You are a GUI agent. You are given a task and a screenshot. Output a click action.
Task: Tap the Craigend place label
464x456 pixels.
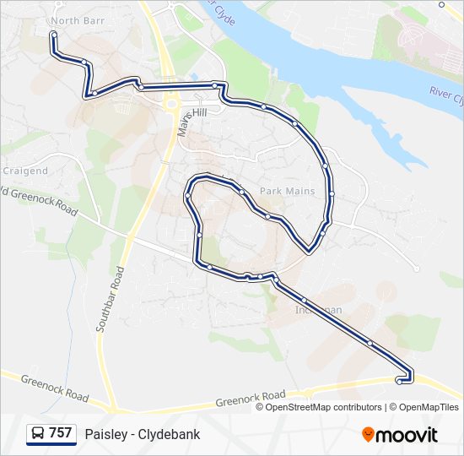point(24,171)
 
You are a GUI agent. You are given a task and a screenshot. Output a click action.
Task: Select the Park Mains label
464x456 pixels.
point(287,192)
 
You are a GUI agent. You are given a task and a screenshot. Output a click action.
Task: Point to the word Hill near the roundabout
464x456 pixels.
point(199,112)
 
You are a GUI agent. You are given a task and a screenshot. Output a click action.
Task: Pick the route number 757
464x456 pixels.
point(61,433)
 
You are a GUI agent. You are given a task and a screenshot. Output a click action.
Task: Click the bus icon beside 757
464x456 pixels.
point(38,434)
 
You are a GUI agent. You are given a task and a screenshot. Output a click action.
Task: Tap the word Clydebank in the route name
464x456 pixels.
point(171,434)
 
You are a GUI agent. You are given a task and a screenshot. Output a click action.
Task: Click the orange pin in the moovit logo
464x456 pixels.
point(368,434)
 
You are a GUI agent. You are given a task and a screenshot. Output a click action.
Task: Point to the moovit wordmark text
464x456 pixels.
point(407,435)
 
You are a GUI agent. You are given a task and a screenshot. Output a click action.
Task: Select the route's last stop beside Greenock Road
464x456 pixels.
point(398,381)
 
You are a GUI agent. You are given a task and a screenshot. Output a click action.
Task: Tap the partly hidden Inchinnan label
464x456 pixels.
point(318,310)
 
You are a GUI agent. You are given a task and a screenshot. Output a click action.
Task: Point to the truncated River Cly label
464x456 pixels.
point(445,94)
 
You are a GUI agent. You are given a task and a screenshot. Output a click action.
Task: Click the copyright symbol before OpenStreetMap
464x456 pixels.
point(261,407)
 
